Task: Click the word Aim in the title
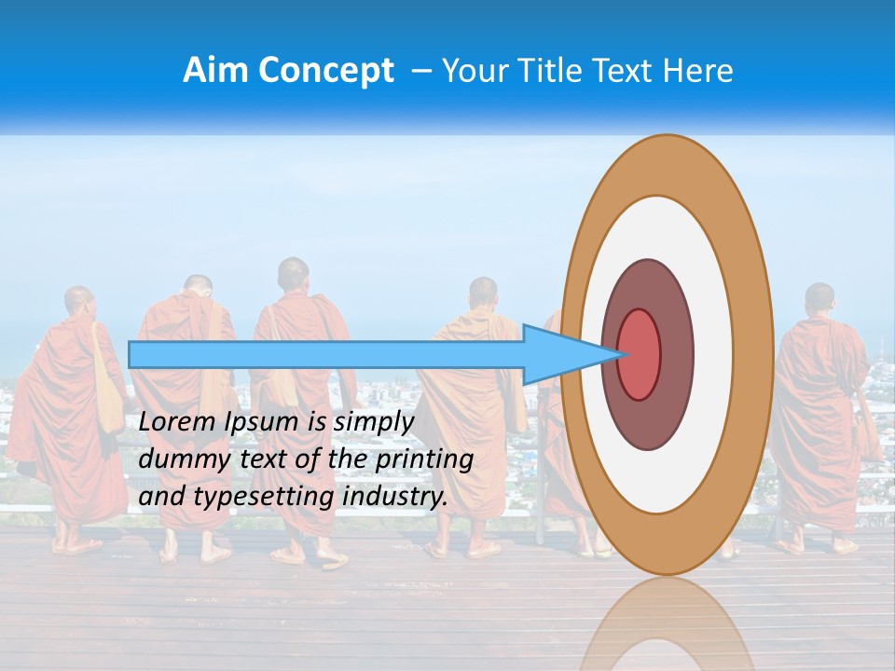(213, 71)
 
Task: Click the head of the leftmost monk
(78, 300)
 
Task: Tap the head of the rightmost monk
(819, 298)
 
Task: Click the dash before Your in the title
(420, 72)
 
